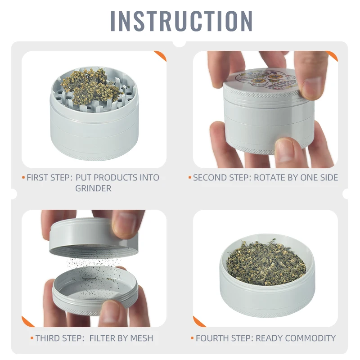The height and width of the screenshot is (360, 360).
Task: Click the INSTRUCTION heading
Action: click(181, 21)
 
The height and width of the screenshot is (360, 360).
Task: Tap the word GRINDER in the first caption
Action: click(93, 189)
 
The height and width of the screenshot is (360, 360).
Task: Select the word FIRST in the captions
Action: click(37, 178)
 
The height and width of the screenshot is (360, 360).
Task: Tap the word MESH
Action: click(142, 338)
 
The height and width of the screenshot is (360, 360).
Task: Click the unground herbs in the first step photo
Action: click(92, 86)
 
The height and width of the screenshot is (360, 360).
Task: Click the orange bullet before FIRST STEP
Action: click(23, 177)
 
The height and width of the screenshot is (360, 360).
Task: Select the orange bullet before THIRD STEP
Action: click(32, 338)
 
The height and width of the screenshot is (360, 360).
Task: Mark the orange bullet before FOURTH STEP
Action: click(192, 338)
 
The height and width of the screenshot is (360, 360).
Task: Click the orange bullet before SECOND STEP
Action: click(190, 177)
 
